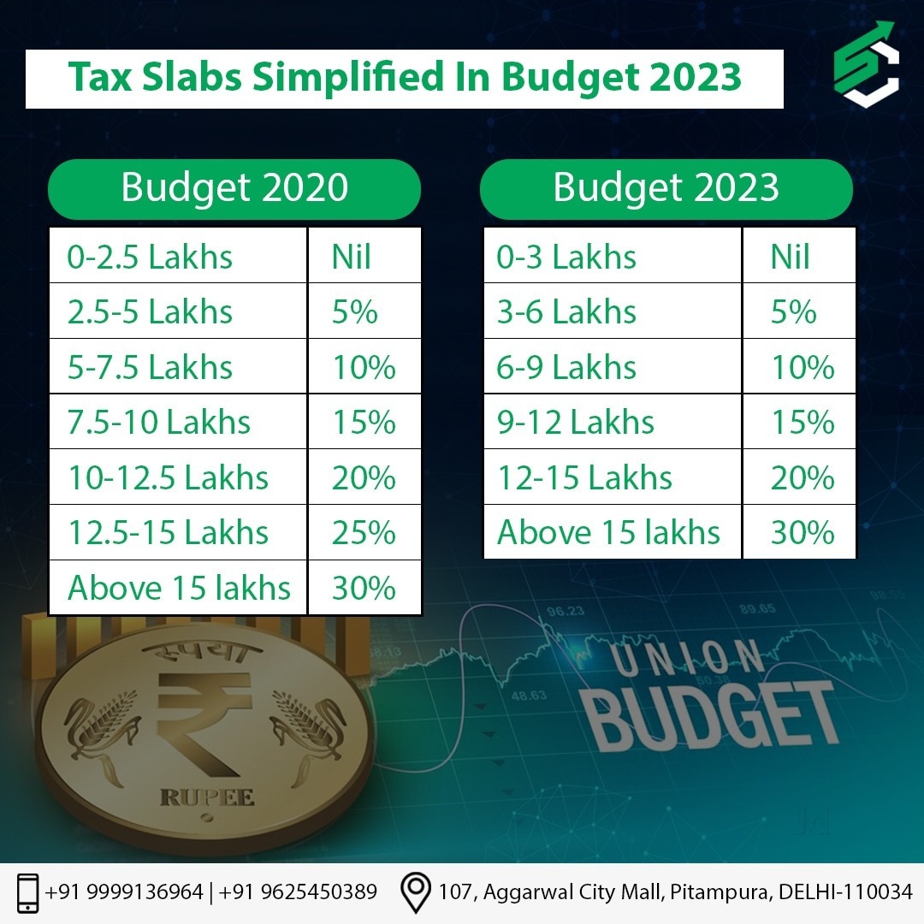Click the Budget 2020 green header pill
pos(234,188)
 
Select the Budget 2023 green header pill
pos(666,188)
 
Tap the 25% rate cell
pos(364,533)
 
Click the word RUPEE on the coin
pos(207,798)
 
